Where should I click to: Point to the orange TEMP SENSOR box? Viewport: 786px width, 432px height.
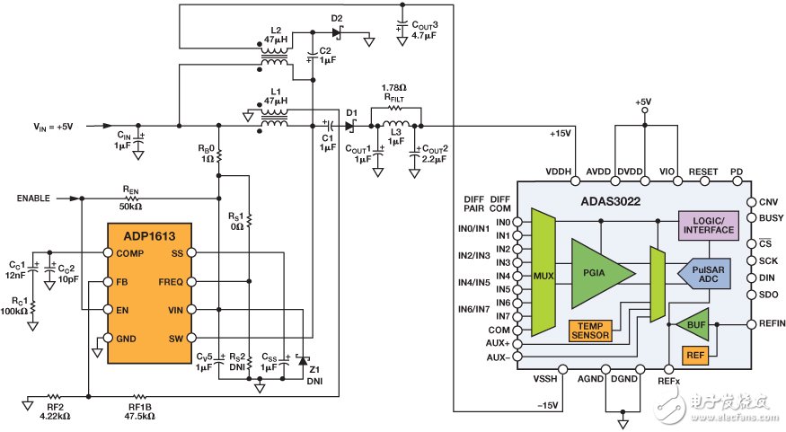589,331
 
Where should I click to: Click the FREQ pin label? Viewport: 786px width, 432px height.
171,282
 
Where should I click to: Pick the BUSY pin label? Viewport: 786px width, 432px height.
769,217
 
